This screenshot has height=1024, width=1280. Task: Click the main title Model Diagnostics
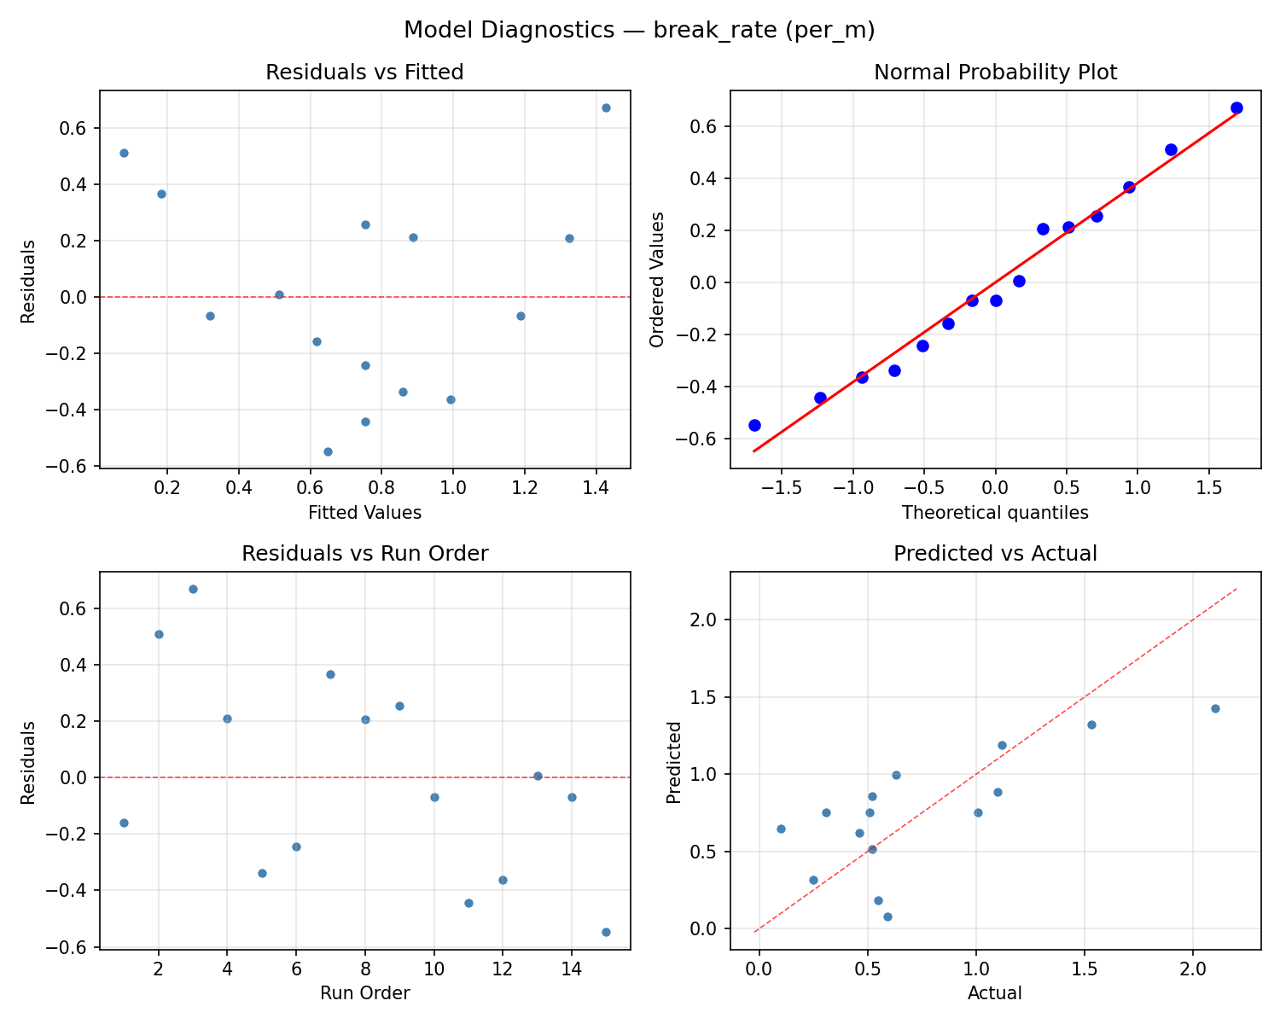pyautogui.click(x=639, y=31)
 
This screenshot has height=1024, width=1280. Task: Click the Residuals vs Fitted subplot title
pyautogui.click(x=364, y=73)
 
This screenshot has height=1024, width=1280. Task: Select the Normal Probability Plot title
pyautogui.click(x=995, y=73)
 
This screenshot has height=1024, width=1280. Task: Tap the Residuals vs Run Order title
pyautogui.click(x=364, y=554)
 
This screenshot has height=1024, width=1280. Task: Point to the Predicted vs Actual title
pyautogui.click(x=995, y=554)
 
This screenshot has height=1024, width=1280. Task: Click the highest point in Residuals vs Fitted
pyautogui.click(x=606, y=108)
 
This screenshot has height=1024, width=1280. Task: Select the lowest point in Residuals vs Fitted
pyautogui.click(x=328, y=451)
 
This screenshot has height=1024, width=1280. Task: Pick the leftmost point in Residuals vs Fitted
pyautogui.click(x=124, y=153)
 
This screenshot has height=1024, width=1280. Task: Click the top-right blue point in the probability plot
pyautogui.click(x=1236, y=108)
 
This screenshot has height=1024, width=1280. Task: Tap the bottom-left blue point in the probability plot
pyautogui.click(x=754, y=425)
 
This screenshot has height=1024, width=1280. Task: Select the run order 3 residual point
pyautogui.click(x=193, y=589)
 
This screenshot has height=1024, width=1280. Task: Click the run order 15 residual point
pyautogui.click(x=606, y=932)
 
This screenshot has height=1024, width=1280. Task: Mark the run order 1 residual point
pyautogui.click(x=124, y=823)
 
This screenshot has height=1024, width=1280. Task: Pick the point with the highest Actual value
pyautogui.click(x=1215, y=708)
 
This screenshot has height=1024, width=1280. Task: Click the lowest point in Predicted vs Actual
pyautogui.click(x=887, y=916)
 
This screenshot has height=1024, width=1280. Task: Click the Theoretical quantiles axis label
pyautogui.click(x=995, y=513)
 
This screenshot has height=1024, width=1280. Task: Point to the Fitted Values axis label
pyautogui.click(x=364, y=513)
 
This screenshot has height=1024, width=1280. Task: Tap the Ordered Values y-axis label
pyautogui.click(x=656, y=280)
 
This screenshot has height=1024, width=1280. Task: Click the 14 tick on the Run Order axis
pyautogui.click(x=572, y=969)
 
